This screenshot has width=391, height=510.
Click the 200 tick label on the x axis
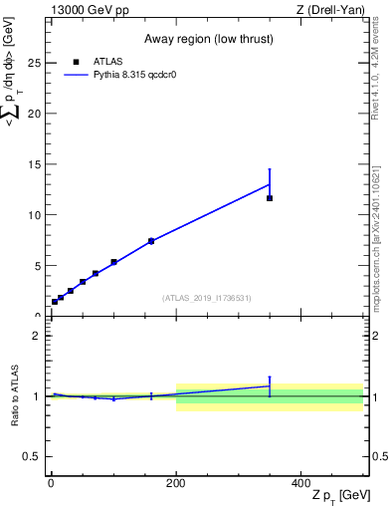[176, 482]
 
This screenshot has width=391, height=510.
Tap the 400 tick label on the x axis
[301, 482]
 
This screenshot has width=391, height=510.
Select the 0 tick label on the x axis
[51, 482]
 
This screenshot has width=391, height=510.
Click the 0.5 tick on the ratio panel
[31, 456]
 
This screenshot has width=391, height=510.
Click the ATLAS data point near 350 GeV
[270, 198]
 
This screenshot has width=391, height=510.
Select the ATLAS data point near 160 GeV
[151, 241]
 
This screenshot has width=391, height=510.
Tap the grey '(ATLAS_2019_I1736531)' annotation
[206, 298]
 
